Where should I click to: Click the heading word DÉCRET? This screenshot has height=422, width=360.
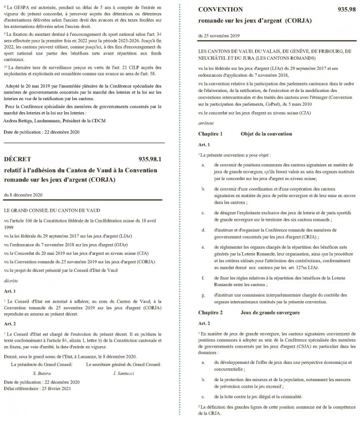pyautogui.click(x=18, y=159)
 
